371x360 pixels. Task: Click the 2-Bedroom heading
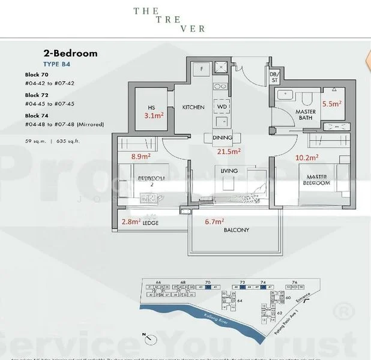click(x=70, y=53)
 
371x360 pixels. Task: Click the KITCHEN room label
click(x=193, y=107)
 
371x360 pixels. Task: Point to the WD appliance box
click(x=221, y=107)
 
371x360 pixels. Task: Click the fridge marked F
click(x=201, y=68)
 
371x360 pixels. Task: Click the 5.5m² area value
click(x=331, y=103)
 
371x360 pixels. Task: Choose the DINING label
click(x=222, y=137)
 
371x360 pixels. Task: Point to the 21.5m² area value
click(x=229, y=151)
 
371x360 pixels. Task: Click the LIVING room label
click(x=229, y=171)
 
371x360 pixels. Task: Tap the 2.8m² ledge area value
click(x=131, y=221)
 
